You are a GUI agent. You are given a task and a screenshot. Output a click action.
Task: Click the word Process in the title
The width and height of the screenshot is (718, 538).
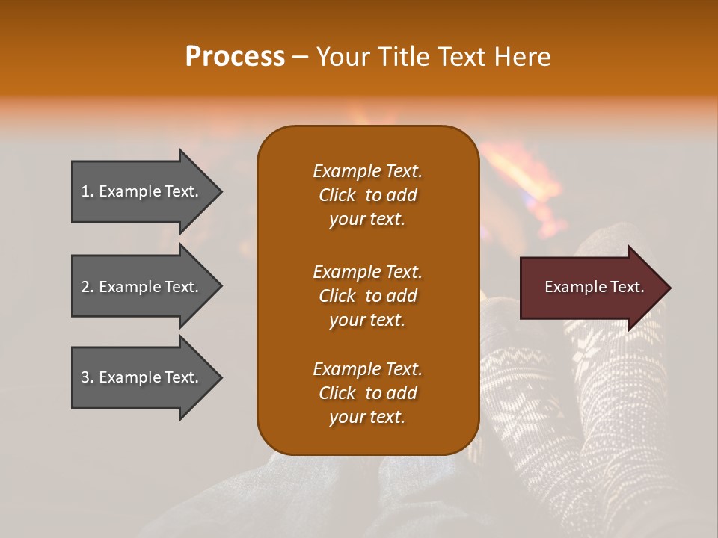236,56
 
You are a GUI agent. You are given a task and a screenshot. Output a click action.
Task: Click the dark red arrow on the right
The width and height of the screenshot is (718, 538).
595,288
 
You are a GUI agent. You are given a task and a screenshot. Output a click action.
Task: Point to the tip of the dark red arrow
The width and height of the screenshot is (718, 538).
671,288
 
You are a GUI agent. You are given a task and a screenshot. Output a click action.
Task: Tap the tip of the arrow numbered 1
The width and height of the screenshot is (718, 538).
222,191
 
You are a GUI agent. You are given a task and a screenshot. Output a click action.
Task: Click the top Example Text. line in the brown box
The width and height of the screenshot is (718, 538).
368,171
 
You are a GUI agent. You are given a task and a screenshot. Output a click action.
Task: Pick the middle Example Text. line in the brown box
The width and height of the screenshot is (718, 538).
368,272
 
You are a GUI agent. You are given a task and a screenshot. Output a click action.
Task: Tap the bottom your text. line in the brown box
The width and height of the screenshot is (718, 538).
367,417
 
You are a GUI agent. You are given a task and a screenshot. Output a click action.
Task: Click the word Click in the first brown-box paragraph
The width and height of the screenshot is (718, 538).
337,195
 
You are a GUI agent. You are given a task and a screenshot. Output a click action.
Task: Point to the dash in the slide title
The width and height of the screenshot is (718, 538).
301,58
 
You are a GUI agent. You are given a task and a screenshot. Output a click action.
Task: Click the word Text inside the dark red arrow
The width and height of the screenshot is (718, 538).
628,287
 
